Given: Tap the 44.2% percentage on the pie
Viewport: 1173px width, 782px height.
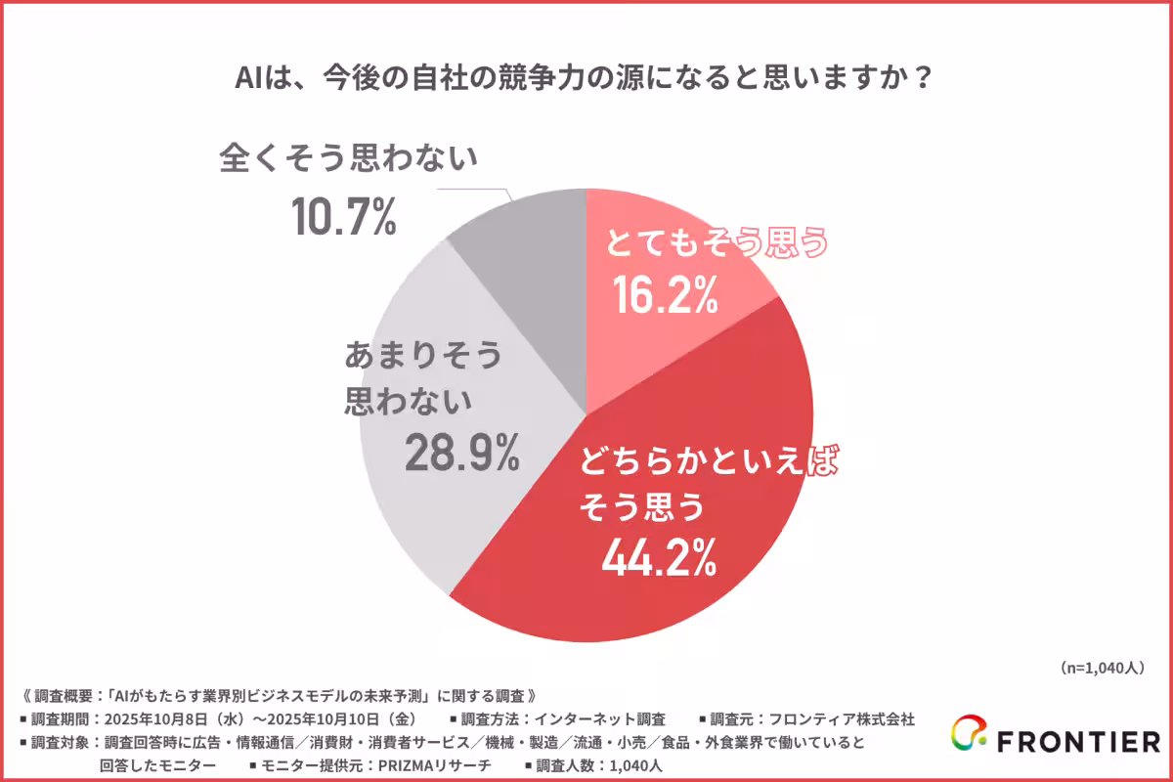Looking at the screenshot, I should (660, 558).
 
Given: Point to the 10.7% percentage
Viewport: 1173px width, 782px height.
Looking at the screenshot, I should (344, 218).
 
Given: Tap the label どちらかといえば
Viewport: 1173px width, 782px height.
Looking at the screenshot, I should (710, 462).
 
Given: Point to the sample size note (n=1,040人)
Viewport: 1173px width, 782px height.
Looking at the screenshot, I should (1101, 669).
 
